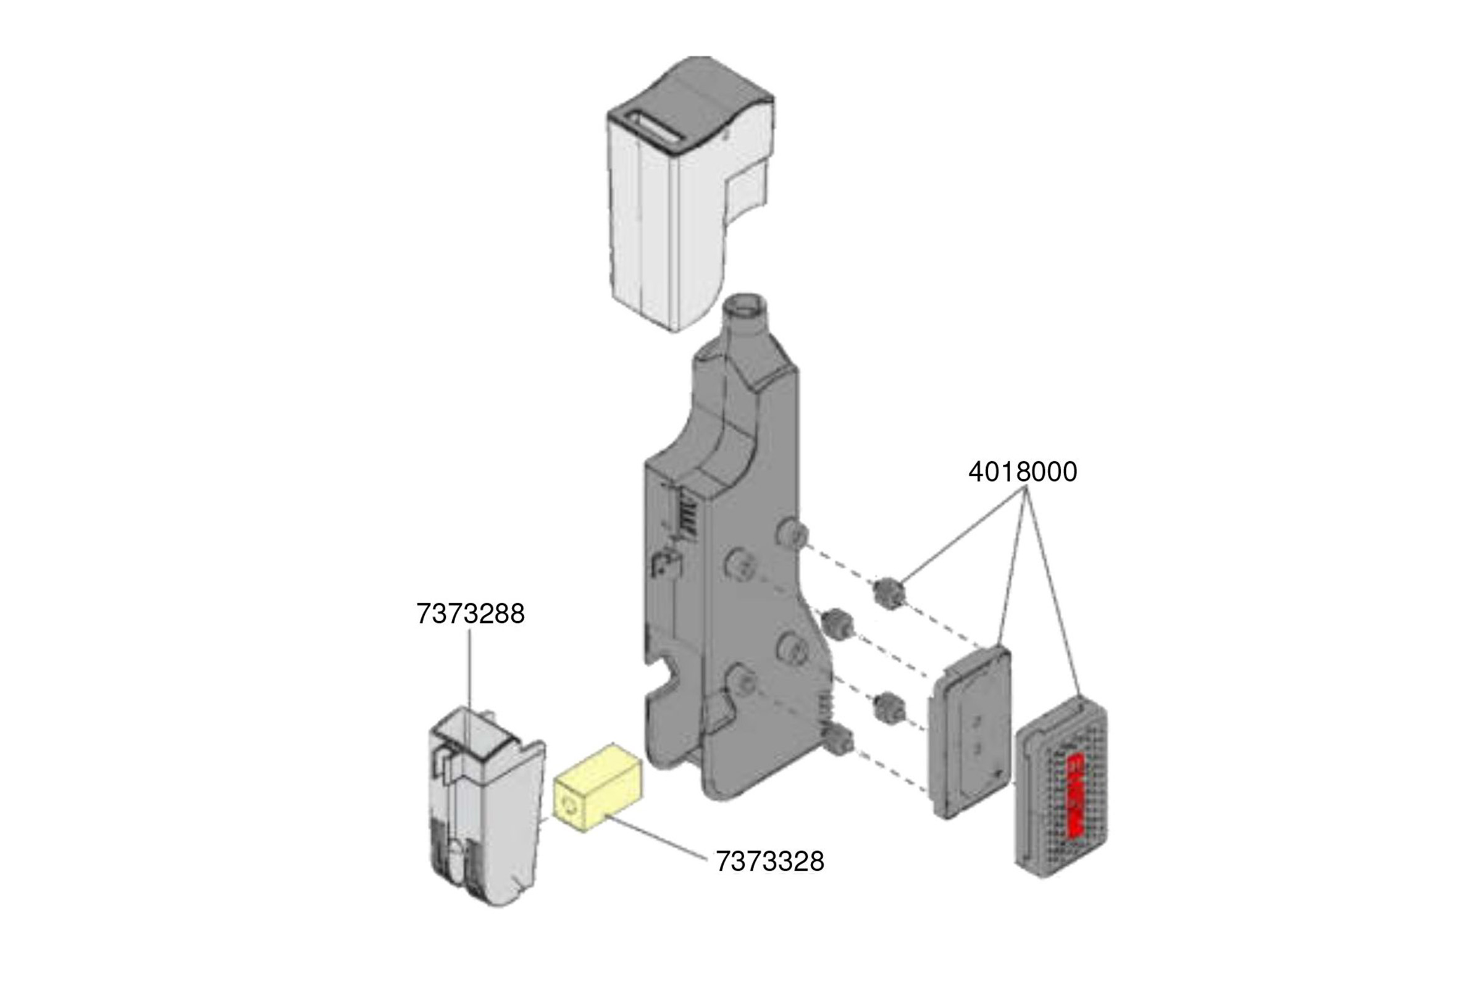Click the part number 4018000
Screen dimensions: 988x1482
pos(1022,472)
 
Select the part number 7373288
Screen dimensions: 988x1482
pos(470,614)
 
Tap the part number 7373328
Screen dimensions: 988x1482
pos(769,861)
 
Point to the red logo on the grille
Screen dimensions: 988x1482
pos(1075,795)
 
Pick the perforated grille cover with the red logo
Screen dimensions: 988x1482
pos(1061,788)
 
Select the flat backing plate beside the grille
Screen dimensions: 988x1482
pos(971,732)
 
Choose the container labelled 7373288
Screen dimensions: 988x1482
pos(485,813)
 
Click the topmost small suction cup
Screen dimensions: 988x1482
pos(889,593)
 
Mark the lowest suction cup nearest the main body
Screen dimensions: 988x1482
pos(840,741)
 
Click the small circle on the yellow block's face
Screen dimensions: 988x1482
pos(570,807)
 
